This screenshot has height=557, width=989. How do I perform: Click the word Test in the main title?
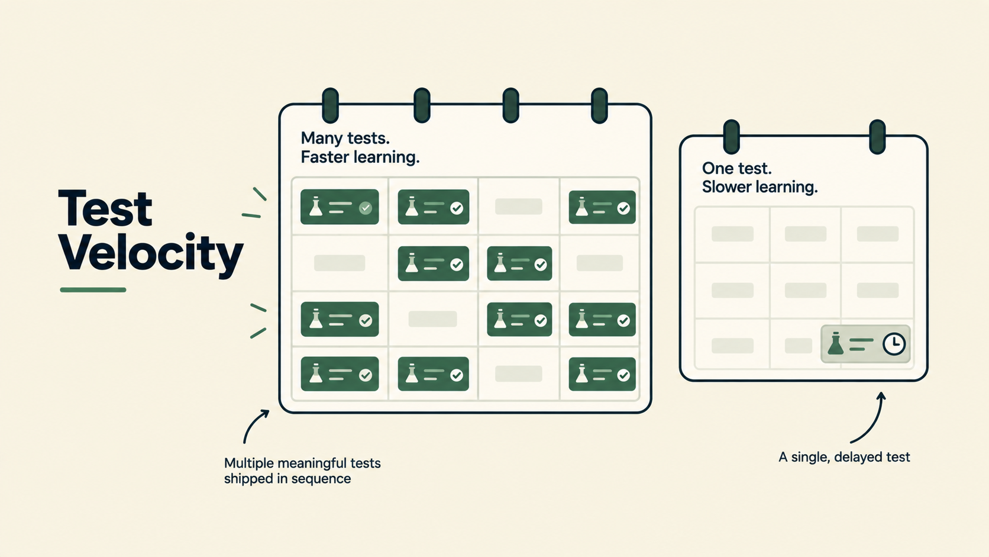pyautogui.click(x=105, y=208)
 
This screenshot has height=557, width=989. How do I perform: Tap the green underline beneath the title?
pyautogui.click(x=93, y=290)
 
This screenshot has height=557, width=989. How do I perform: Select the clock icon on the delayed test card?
pyautogui.click(x=894, y=344)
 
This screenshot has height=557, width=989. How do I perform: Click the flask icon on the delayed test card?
pyautogui.click(x=835, y=343)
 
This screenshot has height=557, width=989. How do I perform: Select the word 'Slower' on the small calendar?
pyautogui.click(x=727, y=187)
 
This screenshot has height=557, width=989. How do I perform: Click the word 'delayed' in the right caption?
pyautogui.click(x=854, y=457)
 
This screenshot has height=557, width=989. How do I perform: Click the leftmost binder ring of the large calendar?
pyautogui.click(x=330, y=105)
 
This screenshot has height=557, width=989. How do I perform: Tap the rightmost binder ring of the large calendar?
pyautogui.click(x=599, y=105)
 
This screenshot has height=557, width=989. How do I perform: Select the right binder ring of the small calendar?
pyautogui.click(x=877, y=137)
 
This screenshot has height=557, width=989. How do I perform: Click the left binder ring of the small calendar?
pyautogui.click(x=732, y=137)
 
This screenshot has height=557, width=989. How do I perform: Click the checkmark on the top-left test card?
pyautogui.click(x=366, y=208)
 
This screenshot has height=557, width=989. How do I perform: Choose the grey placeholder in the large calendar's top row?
pyautogui.click(x=518, y=206)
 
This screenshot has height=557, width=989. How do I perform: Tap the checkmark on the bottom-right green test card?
pyautogui.click(x=623, y=375)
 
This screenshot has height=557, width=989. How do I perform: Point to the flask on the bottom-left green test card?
pyautogui.click(x=316, y=374)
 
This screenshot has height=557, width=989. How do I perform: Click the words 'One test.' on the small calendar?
pyautogui.click(x=737, y=168)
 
